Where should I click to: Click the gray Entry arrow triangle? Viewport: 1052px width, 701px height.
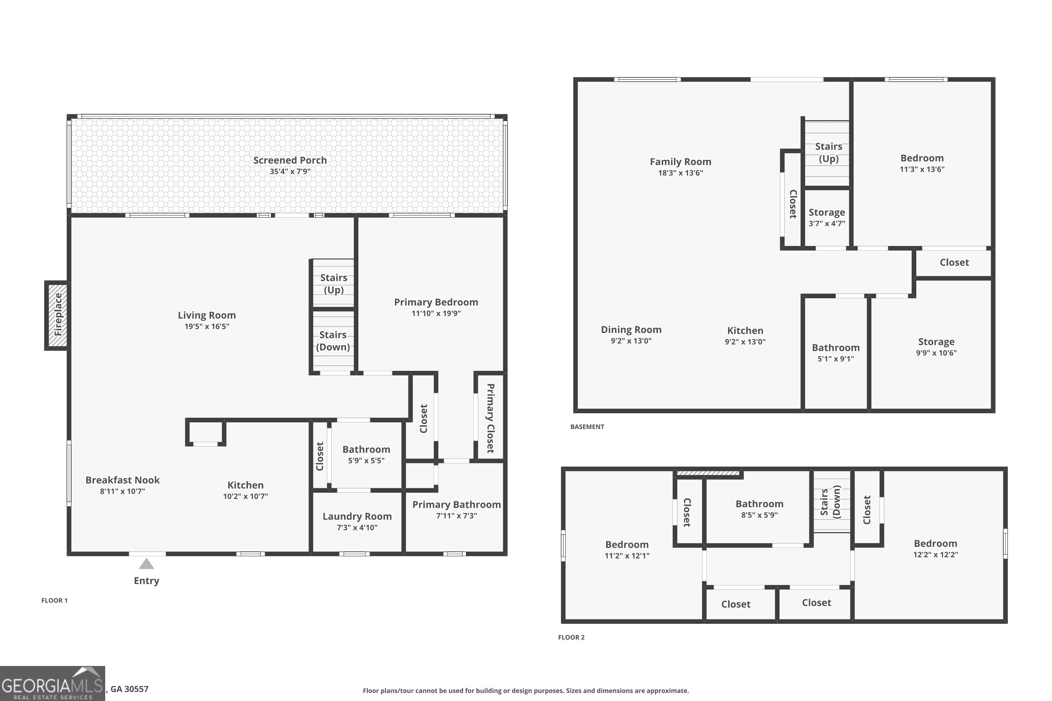click(x=146, y=564)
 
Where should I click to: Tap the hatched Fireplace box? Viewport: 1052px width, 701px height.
click(x=57, y=315)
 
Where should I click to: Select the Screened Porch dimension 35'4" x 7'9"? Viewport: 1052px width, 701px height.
click(x=290, y=172)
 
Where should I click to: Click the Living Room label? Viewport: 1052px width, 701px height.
click(x=207, y=315)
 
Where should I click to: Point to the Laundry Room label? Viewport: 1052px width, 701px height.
click(x=357, y=516)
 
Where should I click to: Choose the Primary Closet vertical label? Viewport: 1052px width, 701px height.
click(x=490, y=418)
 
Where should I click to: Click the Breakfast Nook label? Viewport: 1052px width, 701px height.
click(x=122, y=480)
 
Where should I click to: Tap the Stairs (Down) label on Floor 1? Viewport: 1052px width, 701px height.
click(x=333, y=341)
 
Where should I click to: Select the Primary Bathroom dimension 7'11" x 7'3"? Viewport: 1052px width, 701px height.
click(x=456, y=516)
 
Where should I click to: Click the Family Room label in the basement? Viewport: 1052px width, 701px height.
click(x=680, y=162)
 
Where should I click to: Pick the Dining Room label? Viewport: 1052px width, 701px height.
click(x=630, y=330)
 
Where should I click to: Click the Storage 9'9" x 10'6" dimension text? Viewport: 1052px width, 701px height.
click(x=936, y=353)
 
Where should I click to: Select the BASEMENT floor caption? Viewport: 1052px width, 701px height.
click(x=587, y=427)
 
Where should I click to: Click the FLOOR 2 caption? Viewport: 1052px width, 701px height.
click(x=571, y=638)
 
